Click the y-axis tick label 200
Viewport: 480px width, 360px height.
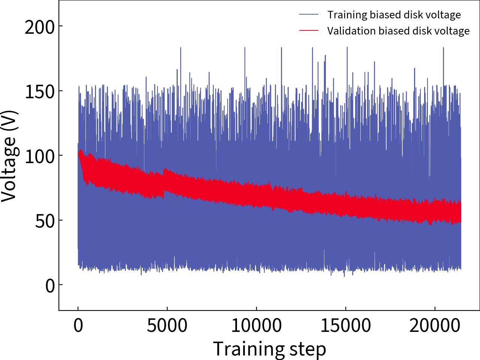[40, 27]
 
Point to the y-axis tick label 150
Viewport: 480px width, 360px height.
[40, 91]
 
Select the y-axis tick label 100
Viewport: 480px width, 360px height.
[40, 156]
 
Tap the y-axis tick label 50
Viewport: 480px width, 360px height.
[45, 221]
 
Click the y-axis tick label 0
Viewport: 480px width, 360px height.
[50, 286]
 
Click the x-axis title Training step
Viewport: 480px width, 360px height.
[269, 349]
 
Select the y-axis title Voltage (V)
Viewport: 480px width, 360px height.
[9, 156]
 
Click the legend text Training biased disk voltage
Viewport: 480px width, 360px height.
[394, 15]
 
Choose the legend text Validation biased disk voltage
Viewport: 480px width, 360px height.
[398, 31]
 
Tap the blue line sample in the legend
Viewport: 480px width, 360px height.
[309, 15]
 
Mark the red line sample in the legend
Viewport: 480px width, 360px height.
[309, 31]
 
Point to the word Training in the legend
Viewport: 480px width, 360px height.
[347, 15]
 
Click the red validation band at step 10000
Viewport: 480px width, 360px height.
[256, 195]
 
